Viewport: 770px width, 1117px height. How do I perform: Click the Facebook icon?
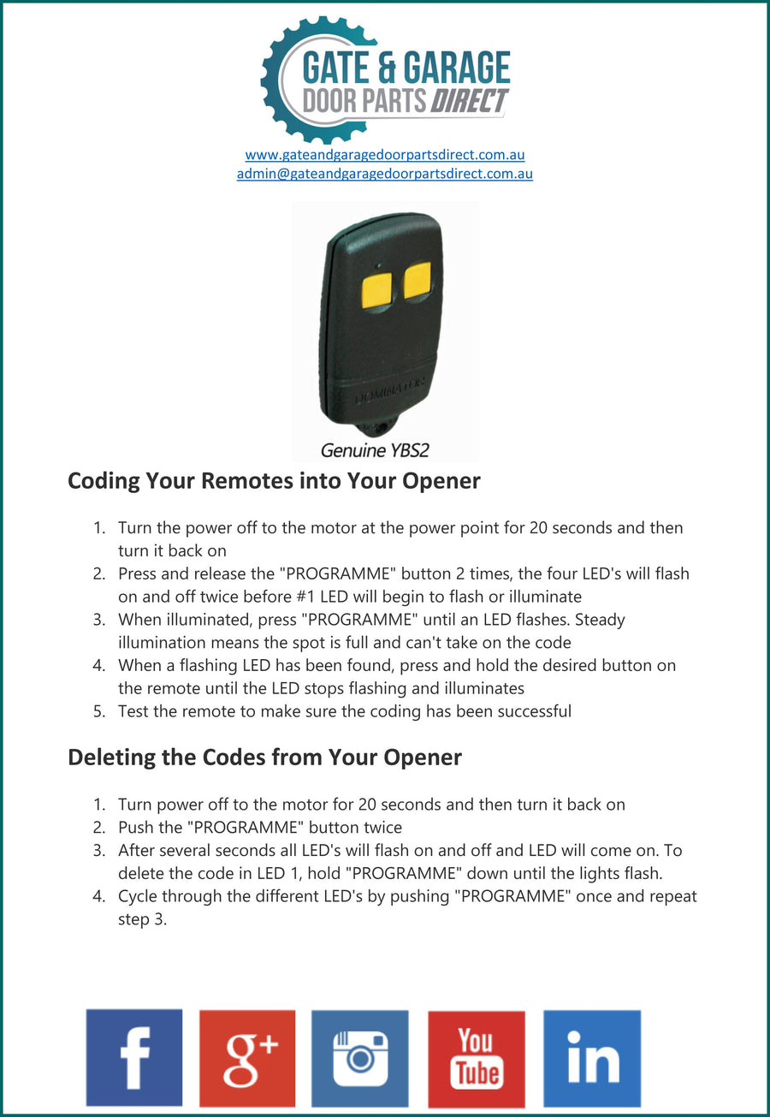coord(134,1058)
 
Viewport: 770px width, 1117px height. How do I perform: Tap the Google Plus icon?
coord(247,1058)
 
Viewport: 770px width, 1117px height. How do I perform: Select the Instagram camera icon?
coord(360,1058)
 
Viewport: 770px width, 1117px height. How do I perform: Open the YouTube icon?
coord(477,1059)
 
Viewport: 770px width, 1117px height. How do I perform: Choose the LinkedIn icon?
coord(592,1058)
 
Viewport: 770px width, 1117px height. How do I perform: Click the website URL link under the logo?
coord(385,155)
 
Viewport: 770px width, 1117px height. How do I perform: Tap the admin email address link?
coord(385,174)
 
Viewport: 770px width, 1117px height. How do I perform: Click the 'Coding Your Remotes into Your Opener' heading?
coord(274,481)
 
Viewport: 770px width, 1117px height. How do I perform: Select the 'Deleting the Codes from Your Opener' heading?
coord(264,758)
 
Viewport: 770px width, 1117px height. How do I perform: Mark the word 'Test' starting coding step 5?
coord(133,711)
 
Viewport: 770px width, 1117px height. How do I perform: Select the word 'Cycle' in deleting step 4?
coord(138,897)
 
